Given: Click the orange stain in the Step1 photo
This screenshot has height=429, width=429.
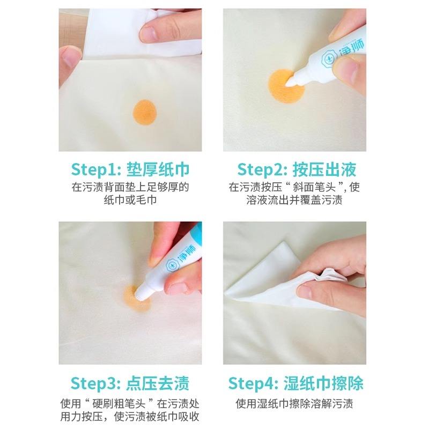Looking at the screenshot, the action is point(144,113).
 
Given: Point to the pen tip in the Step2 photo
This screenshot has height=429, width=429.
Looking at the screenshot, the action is point(291,81).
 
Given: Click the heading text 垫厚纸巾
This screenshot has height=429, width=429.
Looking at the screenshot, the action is point(158,169).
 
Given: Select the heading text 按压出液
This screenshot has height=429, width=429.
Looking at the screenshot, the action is point(324,169).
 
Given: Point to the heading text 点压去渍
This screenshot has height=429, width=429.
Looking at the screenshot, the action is point(158,383).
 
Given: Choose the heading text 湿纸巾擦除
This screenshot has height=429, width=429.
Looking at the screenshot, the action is point(324,383).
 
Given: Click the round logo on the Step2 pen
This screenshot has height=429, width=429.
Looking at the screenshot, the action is point(328,58).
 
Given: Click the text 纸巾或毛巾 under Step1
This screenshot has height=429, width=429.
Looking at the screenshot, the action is point(130,200).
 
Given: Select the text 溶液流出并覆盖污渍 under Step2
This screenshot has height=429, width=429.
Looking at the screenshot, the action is point(294,200).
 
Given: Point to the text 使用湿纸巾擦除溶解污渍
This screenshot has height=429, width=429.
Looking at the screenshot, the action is point(294,404).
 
